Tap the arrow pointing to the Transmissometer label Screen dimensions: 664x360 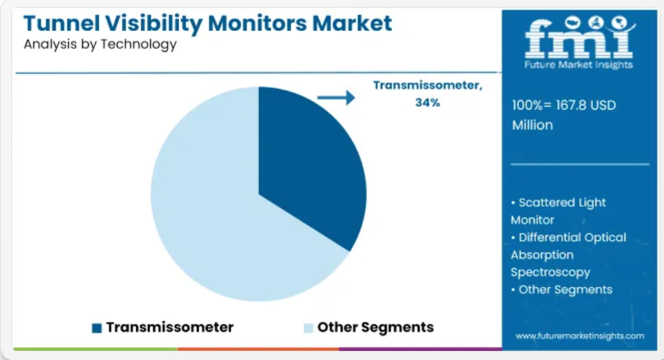[x=336, y=97]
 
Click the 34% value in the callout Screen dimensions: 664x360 [x=428, y=103]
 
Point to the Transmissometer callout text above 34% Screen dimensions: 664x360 [x=428, y=85]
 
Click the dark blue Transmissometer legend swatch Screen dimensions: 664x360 [x=97, y=328]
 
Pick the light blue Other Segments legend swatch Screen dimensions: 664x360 [x=309, y=328]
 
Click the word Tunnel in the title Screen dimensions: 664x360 [x=62, y=23]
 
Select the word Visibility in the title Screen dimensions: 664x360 [x=154, y=23]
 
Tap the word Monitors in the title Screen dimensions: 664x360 [x=257, y=23]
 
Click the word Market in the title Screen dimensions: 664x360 [x=352, y=23]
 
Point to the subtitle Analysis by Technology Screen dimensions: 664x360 [x=100, y=45]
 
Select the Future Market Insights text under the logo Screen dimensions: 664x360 [x=579, y=65]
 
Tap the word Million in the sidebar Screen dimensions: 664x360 [x=532, y=125]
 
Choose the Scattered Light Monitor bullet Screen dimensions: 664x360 [x=558, y=211]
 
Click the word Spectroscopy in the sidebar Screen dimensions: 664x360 [x=550, y=272]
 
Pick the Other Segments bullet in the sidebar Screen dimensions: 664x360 [x=561, y=289]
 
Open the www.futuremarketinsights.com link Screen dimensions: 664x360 [x=580, y=336]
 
